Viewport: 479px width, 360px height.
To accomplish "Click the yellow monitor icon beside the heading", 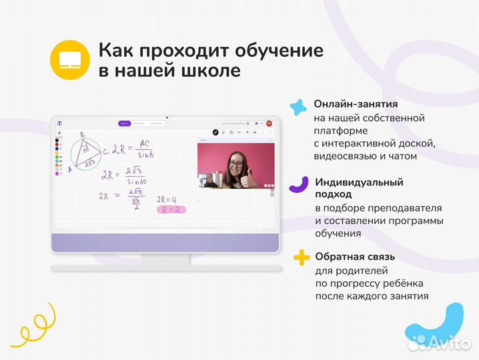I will [x=69, y=59].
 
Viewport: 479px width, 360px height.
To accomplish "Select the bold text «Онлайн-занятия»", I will [x=356, y=105].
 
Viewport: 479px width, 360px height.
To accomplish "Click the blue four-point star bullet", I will [x=297, y=107].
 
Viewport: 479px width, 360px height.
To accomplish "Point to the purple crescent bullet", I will [x=298, y=185].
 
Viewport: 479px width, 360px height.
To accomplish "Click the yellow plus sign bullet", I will [x=302, y=257].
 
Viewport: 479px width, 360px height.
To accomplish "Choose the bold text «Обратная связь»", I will [x=355, y=257].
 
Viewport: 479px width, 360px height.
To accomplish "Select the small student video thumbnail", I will [x=207, y=180].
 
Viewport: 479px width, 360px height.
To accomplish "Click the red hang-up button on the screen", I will [x=269, y=123].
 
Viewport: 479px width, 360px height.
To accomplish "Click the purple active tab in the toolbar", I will [x=123, y=123].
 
